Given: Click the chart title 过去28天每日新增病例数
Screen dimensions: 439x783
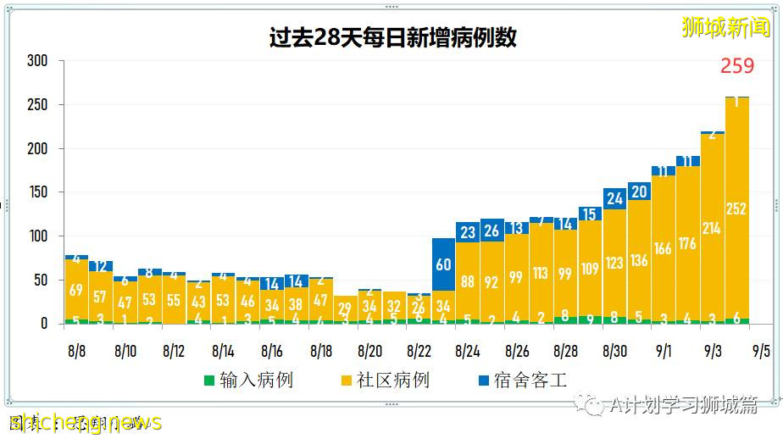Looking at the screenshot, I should pyautogui.click(x=391, y=38).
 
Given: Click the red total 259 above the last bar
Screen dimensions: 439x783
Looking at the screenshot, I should pyautogui.click(x=736, y=66).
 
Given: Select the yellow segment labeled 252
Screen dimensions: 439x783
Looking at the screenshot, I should pyautogui.click(x=736, y=208).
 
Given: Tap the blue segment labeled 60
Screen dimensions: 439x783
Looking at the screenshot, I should pyautogui.click(x=443, y=264).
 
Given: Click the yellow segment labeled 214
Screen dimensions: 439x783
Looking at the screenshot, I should pyautogui.click(x=712, y=228).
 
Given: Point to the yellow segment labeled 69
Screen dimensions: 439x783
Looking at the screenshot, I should pyautogui.click(x=76, y=290).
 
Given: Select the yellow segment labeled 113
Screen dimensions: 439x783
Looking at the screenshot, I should pyautogui.click(x=541, y=273).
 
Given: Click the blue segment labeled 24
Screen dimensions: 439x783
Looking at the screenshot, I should pyautogui.click(x=614, y=198).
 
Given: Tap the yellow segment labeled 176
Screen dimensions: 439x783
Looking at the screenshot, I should pyautogui.click(x=687, y=244).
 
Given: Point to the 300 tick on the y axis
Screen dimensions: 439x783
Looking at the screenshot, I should pyautogui.click(x=37, y=61).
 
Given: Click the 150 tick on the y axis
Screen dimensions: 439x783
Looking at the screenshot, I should pyautogui.click(x=37, y=192).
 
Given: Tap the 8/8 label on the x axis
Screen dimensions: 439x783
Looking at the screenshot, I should pyautogui.click(x=76, y=350).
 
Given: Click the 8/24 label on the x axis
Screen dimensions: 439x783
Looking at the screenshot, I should pyautogui.click(x=468, y=350).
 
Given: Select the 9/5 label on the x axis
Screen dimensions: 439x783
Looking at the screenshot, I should pyautogui.click(x=760, y=350).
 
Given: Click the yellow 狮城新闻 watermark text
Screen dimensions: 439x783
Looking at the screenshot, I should pyautogui.click(x=726, y=28).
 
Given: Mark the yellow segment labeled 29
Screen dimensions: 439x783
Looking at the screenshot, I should pyautogui.click(x=345, y=309).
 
